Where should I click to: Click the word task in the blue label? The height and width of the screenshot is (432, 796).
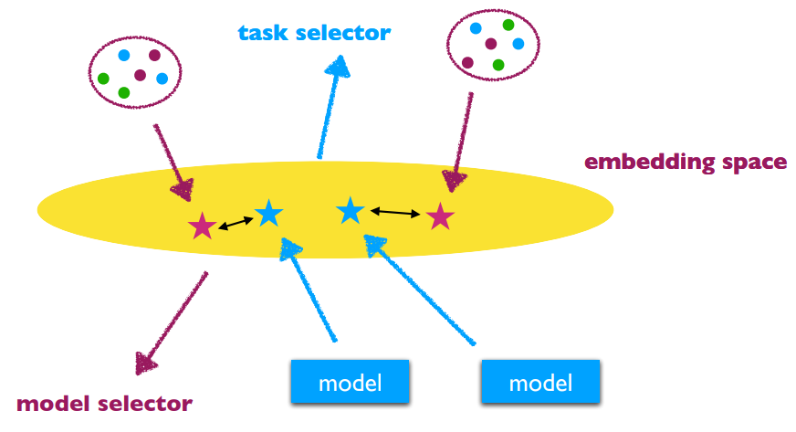coord(262,34)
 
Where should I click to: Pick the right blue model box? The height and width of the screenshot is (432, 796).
coord(540,382)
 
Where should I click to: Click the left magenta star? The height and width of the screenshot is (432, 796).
coord(201,226)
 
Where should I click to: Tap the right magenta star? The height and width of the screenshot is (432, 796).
coord(440,216)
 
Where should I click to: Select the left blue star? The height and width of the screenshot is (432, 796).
coord(268,213)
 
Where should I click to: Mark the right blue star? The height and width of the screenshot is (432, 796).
coord(351,210)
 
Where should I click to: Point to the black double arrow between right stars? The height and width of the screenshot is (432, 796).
coord(395,214)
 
